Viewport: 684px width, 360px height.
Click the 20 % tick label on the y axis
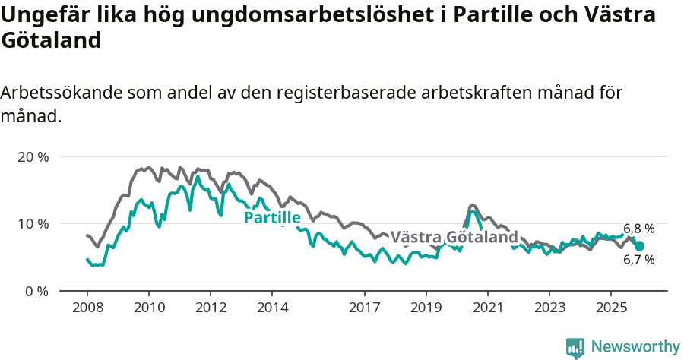(x=33, y=157)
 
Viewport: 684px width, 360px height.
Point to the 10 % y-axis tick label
(x=33, y=224)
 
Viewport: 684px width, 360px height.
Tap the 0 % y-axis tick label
(x=36, y=291)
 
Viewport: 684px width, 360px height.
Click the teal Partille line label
(x=271, y=218)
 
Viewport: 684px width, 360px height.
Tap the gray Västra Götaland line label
(x=454, y=237)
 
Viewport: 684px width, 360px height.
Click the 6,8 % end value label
(x=638, y=229)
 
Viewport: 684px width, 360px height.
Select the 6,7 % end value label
(x=638, y=260)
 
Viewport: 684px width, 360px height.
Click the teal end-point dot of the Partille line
(x=639, y=246)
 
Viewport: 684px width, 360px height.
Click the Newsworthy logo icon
(x=575, y=347)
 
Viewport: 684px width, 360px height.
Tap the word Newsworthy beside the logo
(x=635, y=347)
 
